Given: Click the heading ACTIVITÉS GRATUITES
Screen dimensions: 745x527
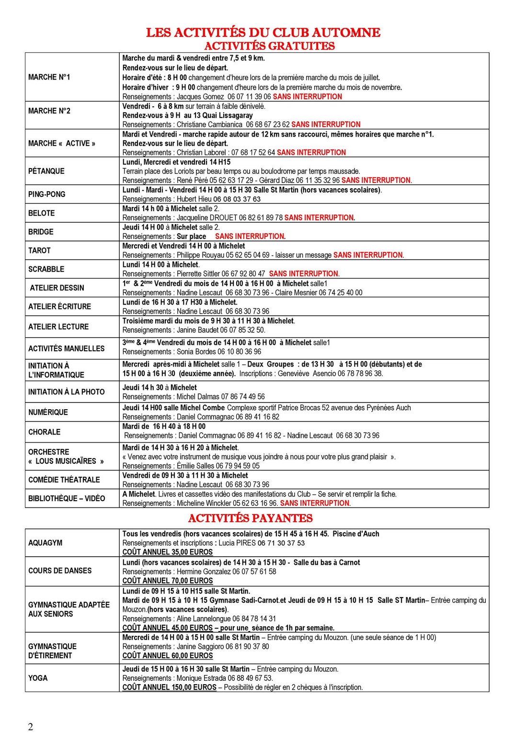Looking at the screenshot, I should point(269,46).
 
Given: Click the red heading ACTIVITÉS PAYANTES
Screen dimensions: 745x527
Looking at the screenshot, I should point(250,518).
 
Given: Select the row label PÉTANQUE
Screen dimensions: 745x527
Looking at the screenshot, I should point(46,171).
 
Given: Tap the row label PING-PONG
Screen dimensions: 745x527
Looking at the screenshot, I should point(46,194).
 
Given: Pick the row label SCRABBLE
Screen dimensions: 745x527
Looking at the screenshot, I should point(46,269).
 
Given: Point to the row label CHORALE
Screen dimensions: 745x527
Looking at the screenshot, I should point(44,432).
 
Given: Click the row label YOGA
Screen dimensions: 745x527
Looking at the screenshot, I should point(38,678).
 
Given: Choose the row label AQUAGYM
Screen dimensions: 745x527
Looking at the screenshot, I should point(45,543).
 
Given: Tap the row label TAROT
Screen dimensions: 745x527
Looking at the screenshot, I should point(39,251).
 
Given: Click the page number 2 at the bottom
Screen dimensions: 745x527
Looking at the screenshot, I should point(31,727).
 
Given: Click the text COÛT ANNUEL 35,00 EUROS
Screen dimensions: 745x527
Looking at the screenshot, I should point(167,552).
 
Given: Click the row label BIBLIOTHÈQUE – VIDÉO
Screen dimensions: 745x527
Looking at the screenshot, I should point(67,498).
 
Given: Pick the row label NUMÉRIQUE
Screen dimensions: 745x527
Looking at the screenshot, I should point(48,412).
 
